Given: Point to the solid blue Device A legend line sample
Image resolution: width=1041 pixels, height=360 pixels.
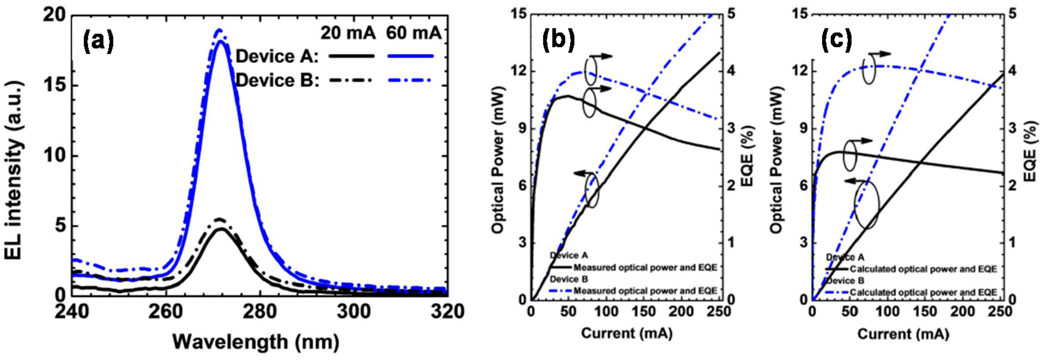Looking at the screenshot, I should (x=410, y=56).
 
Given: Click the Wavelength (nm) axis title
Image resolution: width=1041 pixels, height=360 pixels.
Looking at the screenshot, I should (x=256, y=342).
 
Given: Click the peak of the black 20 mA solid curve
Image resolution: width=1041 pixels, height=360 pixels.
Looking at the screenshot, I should (x=221, y=229).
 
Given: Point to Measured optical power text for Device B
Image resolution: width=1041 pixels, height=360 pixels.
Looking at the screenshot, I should (x=645, y=291).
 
